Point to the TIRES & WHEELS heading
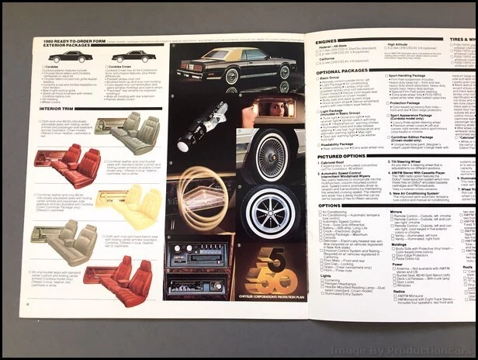(x=461, y=39)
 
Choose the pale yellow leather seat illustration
(x=128, y=203)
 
